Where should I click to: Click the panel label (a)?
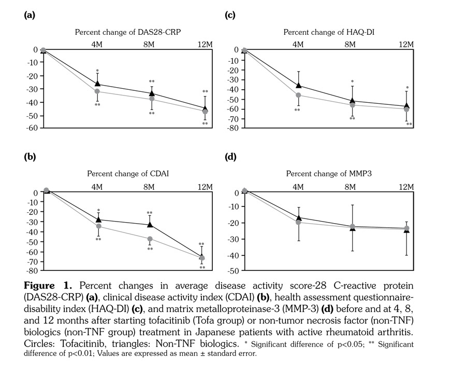click(30, 15)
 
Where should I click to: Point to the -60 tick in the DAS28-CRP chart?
click(33, 128)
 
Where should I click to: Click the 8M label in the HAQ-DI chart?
click(350, 45)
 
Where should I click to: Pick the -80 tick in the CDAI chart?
click(33, 271)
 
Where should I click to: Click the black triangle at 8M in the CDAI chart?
click(150, 224)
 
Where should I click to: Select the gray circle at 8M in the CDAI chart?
click(150, 239)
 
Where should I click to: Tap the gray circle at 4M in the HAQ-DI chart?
click(298, 95)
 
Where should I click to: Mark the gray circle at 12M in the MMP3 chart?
click(406, 228)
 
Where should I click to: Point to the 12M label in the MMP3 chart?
click(406, 187)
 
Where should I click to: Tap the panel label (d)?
click(230, 157)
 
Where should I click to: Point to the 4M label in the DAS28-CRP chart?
click(97, 45)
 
